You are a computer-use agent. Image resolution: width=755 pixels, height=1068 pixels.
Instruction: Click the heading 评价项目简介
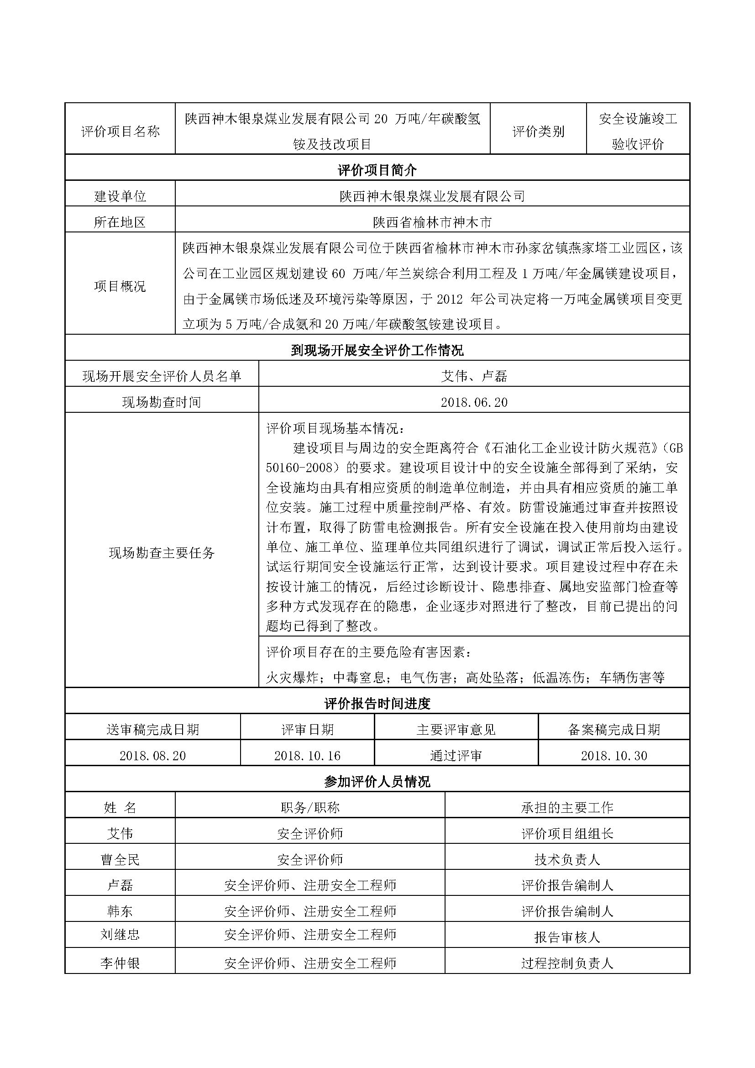point(377,170)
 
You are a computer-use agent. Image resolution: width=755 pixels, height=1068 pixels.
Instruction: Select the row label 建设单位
point(120,196)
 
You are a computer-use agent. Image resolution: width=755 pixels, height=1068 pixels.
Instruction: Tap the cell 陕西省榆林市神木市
point(432,222)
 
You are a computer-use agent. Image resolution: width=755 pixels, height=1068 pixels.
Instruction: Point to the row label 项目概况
point(120,286)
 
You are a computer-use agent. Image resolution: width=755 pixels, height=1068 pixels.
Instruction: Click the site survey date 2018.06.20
point(474,402)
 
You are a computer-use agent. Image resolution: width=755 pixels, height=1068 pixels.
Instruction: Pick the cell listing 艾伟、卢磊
point(474,376)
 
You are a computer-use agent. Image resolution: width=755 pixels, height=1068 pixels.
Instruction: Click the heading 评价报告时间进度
point(377,704)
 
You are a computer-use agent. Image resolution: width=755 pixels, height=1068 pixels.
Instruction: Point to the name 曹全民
point(120,860)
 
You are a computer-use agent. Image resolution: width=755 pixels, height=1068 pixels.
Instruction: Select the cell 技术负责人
point(567,860)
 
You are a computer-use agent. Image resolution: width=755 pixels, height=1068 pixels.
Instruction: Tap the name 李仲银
point(120,963)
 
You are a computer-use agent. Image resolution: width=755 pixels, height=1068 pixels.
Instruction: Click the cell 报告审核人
point(567,937)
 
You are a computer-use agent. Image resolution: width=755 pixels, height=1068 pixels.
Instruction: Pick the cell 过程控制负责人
point(567,963)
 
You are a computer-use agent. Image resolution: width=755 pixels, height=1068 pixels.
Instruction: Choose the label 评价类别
point(538,132)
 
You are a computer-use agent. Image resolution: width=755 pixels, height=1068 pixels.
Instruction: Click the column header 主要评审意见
point(456,729)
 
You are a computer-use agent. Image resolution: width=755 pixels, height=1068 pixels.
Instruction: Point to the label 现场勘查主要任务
point(162,552)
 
